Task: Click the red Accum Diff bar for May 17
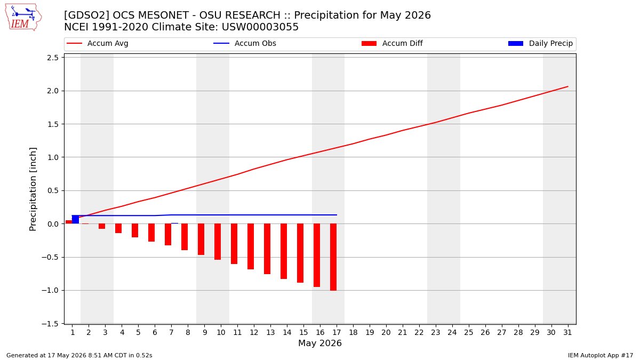pyautogui.click(x=333, y=257)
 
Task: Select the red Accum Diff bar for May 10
pyautogui.click(x=218, y=242)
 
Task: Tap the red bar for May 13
pyautogui.click(x=267, y=249)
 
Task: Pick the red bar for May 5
pyautogui.click(x=135, y=230)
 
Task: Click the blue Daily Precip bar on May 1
pyautogui.click(x=75, y=219)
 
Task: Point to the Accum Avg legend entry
pyautogui.click(x=98, y=43)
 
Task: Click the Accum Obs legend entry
pyautogui.click(x=245, y=43)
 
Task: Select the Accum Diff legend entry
pyautogui.click(x=392, y=43)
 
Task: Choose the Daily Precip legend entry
pyautogui.click(x=541, y=43)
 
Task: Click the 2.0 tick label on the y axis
pyautogui.click(x=53, y=91)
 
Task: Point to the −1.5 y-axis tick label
pyautogui.click(x=50, y=324)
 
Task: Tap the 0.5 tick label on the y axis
pyautogui.click(x=53, y=190)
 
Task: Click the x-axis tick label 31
pyautogui.click(x=567, y=333)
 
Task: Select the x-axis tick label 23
pyautogui.click(x=435, y=333)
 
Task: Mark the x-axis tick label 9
pyautogui.click(x=205, y=333)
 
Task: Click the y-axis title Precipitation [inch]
pyautogui.click(x=33, y=189)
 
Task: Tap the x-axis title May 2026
pyautogui.click(x=320, y=343)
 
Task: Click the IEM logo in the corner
pyautogui.click(x=23, y=18)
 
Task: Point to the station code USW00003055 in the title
pyautogui.click(x=260, y=27)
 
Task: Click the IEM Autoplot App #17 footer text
pyautogui.click(x=601, y=355)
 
